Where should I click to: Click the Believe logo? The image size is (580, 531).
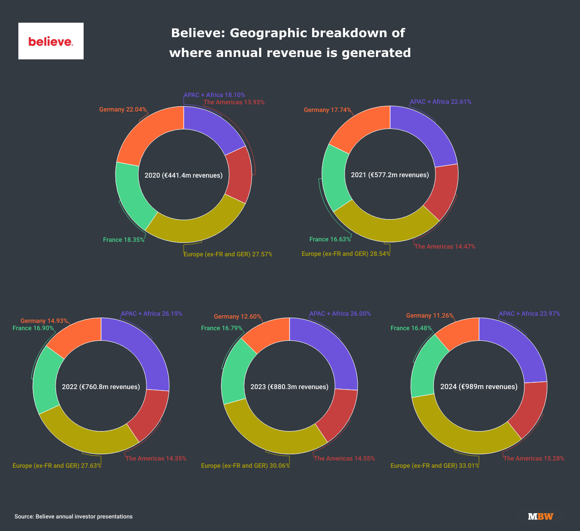51,41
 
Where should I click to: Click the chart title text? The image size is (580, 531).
290,42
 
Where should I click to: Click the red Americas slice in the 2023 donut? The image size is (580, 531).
336,413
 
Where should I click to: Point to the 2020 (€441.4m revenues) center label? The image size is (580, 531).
184,175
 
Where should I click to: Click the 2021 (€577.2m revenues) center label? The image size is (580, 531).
390,175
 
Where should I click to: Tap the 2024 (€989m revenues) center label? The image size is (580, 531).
478,387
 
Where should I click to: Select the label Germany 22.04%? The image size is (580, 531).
123,110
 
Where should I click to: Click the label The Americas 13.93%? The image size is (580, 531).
234,102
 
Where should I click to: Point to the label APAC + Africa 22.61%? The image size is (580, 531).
440,102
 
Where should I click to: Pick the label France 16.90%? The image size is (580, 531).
33,328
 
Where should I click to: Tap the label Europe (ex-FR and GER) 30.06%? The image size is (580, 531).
245,466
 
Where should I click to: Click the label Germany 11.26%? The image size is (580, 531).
430,316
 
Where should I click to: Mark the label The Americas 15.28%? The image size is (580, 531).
534,459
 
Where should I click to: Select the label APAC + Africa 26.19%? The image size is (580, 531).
151,314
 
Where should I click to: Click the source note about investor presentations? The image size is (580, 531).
73,517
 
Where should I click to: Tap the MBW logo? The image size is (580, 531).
540,517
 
